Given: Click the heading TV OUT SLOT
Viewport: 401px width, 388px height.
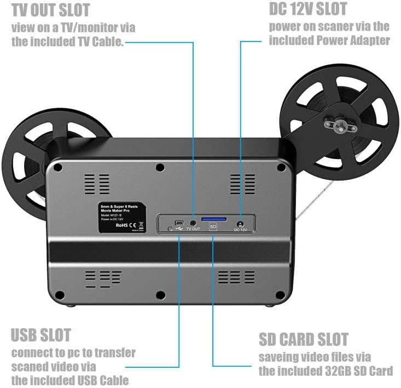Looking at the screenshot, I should tap(51, 10).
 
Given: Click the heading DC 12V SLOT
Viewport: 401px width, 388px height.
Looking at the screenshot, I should tap(308, 9).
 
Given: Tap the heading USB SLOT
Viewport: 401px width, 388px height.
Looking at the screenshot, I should tap(41, 334).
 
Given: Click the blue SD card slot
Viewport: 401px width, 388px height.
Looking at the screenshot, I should tap(213, 219).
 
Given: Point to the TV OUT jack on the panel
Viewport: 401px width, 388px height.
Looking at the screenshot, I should tap(193, 224).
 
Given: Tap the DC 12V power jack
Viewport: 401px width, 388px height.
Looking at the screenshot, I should tap(240, 223).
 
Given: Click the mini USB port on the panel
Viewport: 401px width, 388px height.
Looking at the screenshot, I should tap(179, 222).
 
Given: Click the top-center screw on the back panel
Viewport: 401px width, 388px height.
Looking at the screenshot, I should tap(160, 167).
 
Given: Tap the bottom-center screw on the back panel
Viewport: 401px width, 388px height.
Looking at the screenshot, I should tap(160, 295).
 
